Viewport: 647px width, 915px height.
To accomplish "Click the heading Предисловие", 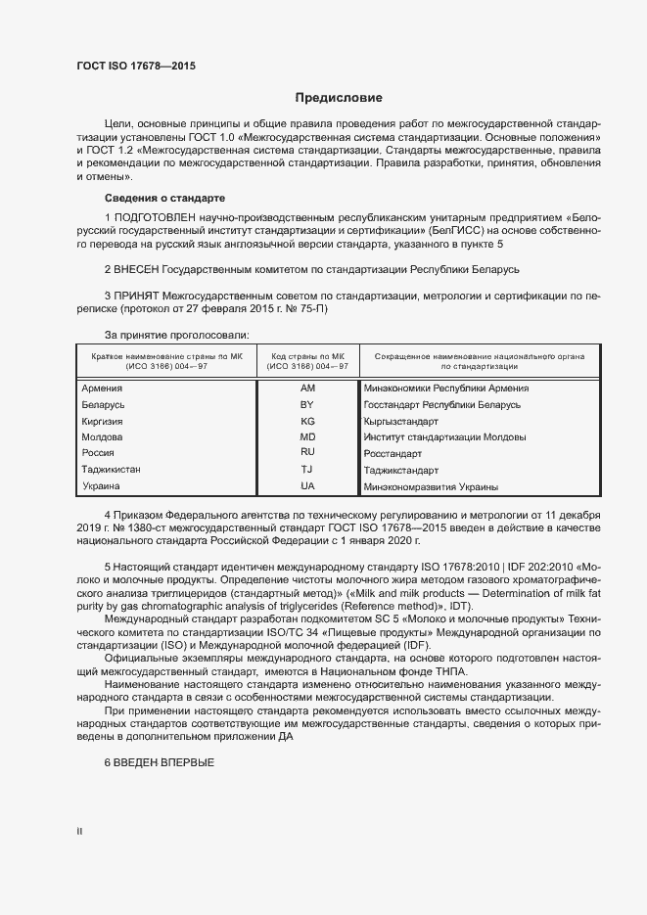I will tap(339, 98).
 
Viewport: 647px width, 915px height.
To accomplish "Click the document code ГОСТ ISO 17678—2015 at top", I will tap(142, 68).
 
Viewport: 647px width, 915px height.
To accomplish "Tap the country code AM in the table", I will tap(307, 389).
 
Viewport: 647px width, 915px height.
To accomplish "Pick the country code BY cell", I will tap(307, 404).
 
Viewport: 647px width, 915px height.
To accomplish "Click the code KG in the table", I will tap(307, 421).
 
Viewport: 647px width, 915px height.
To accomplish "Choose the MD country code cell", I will tap(307, 436).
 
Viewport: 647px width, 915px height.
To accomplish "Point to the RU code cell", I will tap(307, 453).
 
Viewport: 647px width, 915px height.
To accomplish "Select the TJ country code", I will tap(307, 470).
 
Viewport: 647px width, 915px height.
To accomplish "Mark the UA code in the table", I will tap(307, 486).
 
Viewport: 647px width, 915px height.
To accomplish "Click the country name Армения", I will tap(102, 389).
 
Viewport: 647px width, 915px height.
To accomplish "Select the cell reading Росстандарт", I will tap(393, 454).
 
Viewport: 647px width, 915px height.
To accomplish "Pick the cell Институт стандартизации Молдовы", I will tap(444, 437).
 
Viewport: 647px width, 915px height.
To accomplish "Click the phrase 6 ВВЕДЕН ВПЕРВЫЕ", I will tap(159, 762).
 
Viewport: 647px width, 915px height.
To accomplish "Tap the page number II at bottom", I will tap(79, 832).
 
